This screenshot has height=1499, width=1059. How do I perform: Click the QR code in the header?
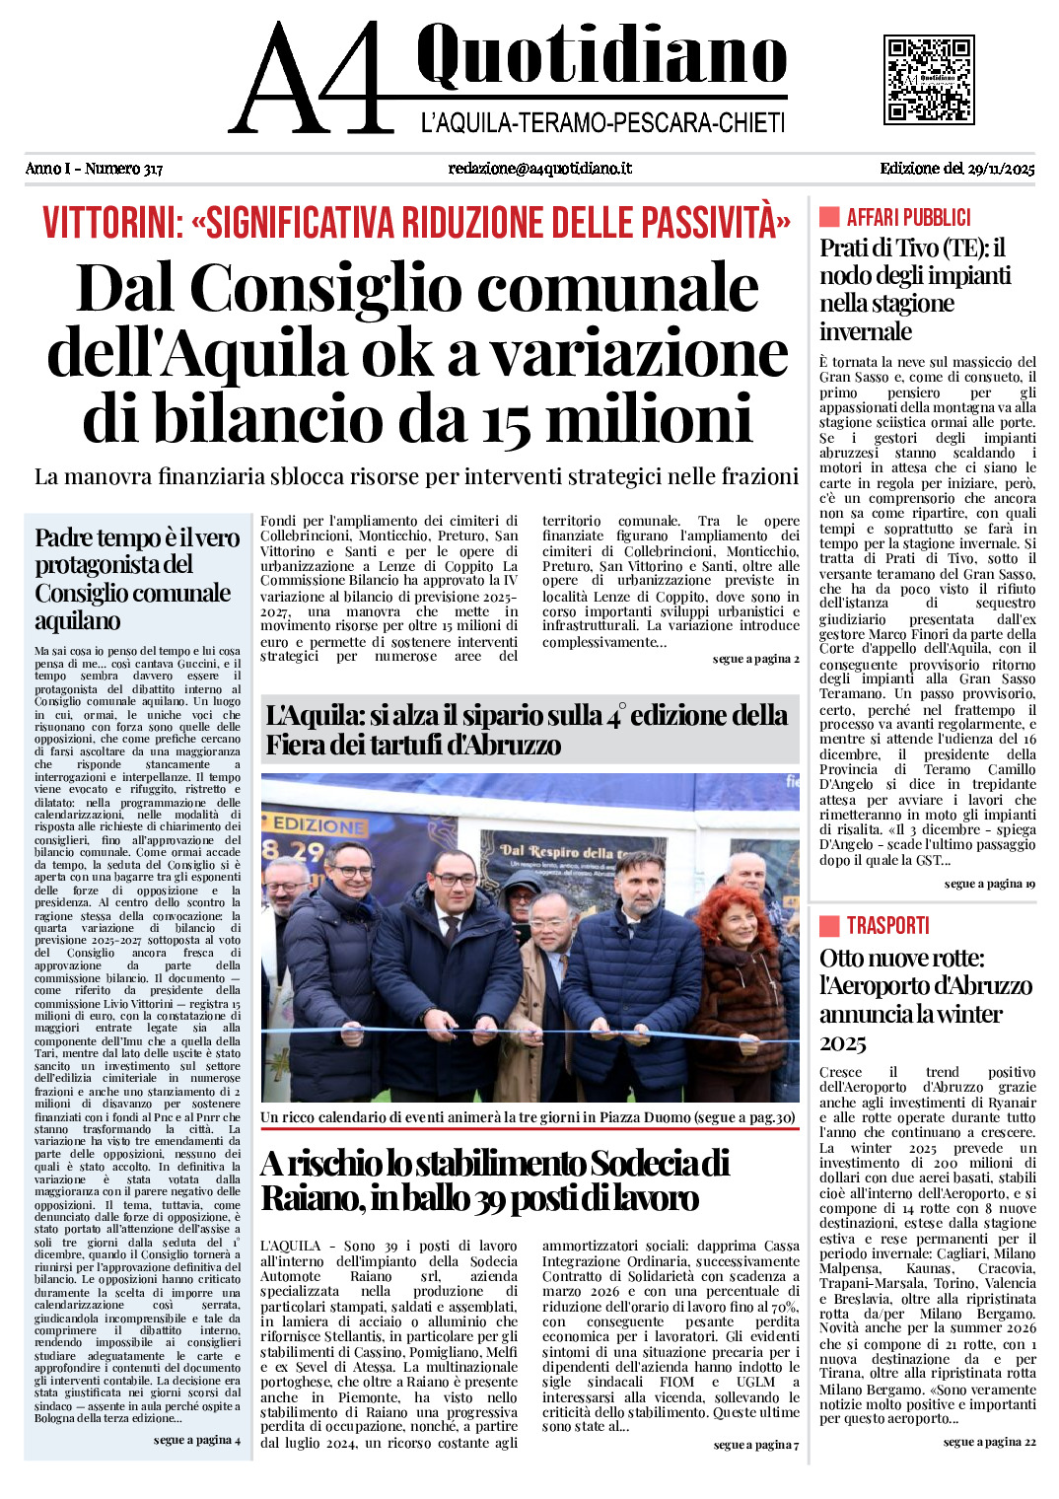click(929, 79)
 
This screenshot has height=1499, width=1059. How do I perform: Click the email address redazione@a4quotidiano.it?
click(539, 169)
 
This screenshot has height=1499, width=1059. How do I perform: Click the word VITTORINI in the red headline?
click(112, 223)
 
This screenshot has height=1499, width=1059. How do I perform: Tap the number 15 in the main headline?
click(507, 419)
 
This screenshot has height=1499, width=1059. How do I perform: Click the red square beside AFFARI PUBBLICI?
click(829, 217)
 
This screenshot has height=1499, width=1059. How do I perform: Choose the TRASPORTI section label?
click(887, 925)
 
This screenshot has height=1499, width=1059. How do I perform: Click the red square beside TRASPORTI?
click(829, 925)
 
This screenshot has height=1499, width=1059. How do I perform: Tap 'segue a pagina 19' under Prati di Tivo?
click(989, 884)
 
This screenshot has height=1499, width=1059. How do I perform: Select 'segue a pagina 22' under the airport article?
click(989, 1442)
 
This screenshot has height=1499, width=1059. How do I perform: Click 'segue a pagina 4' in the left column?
click(197, 1440)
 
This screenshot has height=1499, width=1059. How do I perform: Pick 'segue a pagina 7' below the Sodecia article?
click(756, 1445)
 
